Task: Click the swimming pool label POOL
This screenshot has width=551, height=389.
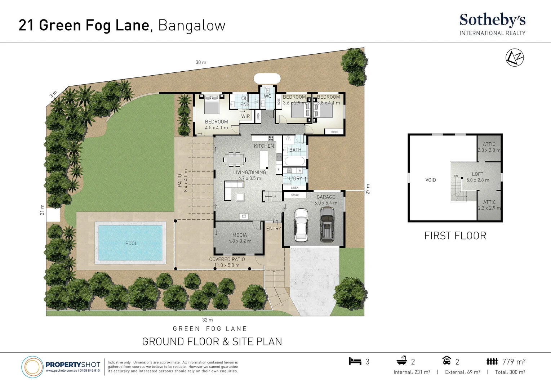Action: [131, 243]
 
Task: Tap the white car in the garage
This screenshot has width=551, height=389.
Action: [301, 225]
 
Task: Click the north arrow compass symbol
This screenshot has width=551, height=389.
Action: [515, 58]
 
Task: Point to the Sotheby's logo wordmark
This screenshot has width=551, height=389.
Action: [492, 20]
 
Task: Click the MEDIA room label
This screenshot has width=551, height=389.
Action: [240, 235]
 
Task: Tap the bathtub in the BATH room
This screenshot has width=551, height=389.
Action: [294, 161]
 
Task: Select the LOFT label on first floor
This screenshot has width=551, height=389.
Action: [477, 174]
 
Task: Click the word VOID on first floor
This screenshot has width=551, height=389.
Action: [431, 180]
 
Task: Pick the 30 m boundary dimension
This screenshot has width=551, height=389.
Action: [201, 62]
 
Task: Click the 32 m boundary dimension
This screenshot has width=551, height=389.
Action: [207, 320]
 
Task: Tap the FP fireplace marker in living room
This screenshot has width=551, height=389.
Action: [244, 216]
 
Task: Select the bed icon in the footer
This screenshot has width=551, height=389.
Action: [355, 361]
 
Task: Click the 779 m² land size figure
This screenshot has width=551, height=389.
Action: [514, 362]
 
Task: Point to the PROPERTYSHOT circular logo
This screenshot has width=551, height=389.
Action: [32, 367]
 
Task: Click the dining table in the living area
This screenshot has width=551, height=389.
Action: [235, 159]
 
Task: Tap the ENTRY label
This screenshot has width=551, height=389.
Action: [274, 229]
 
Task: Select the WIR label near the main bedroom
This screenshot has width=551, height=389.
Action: [245, 116]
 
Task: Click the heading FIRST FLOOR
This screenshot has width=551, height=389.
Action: [455, 236]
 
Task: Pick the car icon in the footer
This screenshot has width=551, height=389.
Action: [446, 361]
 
